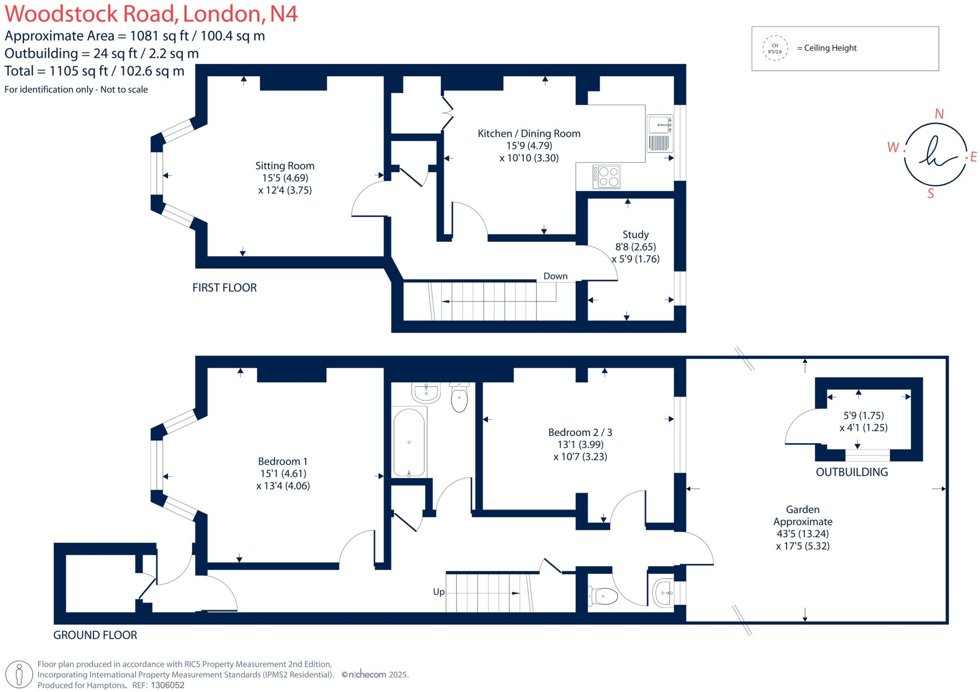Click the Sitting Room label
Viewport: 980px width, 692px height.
(x=285, y=166)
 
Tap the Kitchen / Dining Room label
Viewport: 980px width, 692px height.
(x=529, y=134)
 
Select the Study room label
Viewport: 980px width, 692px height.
(x=635, y=234)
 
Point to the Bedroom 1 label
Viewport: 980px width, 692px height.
(x=282, y=461)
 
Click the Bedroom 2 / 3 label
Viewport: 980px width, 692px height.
(x=580, y=433)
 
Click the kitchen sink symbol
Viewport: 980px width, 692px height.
(x=660, y=124)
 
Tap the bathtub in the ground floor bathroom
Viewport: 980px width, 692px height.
(x=409, y=442)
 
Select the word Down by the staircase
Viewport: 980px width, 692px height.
(x=555, y=276)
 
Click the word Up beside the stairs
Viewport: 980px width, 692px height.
(x=438, y=592)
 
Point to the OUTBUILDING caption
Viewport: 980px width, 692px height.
(x=852, y=472)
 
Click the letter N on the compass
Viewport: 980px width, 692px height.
(x=939, y=114)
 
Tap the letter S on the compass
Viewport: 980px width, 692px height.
(x=931, y=193)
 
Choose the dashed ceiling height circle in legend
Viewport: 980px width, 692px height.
(x=775, y=48)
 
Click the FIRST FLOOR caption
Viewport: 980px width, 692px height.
(x=224, y=288)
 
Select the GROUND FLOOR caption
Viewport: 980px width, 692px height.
(x=95, y=635)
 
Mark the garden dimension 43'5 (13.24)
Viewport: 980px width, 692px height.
(x=802, y=534)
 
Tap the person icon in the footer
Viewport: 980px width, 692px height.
(x=19, y=674)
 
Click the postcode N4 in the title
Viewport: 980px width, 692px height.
(x=284, y=13)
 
